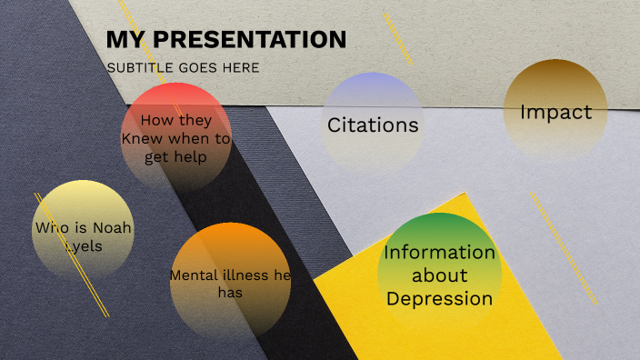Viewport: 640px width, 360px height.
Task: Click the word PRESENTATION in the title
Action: (x=248, y=40)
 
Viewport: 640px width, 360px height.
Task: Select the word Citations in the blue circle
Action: (x=373, y=125)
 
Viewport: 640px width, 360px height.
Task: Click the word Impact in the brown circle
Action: (x=555, y=112)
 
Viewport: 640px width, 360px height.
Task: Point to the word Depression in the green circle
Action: (x=440, y=297)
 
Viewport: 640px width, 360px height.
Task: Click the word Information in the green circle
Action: (x=440, y=252)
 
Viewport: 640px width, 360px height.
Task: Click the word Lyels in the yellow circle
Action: (x=83, y=245)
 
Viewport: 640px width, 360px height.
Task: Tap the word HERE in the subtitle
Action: (x=240, y=67)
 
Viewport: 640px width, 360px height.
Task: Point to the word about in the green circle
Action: (x=440, y=275)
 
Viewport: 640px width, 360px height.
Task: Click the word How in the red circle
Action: (x=156, y=120)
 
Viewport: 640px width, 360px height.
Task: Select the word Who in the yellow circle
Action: (x=50, y=227)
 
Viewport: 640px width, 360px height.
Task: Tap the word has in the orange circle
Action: (x=230, y=293)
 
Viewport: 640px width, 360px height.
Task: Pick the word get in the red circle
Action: (x=156, y=156)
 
